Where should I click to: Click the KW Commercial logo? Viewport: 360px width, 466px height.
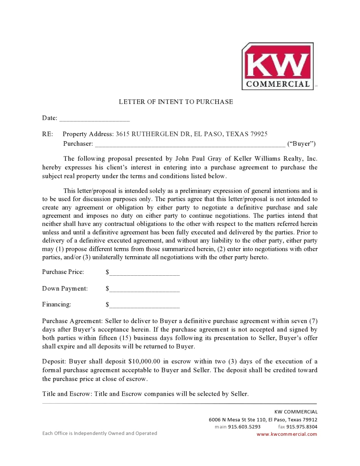click(x=277, y=66)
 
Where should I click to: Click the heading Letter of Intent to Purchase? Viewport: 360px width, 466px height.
click(x=176, y=102)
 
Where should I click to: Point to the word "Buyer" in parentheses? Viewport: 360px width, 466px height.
click(x=301, y=143)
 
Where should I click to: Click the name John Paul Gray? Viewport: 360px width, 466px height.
click(x=198, y=159)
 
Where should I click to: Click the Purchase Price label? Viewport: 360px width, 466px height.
click(x=63, y=272)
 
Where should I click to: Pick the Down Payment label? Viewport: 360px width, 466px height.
click(x=65, y=288)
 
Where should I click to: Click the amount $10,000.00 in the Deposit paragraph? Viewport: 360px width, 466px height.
click(x=144, y=362)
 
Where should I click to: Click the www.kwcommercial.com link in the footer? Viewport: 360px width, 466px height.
click(x=287, y=434)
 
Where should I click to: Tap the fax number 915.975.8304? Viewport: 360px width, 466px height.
click(x=302, y=427)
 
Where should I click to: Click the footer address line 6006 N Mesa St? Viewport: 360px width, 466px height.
click(x=263, y=419)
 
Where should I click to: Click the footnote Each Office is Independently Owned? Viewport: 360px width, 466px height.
click(x=100, y=433)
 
